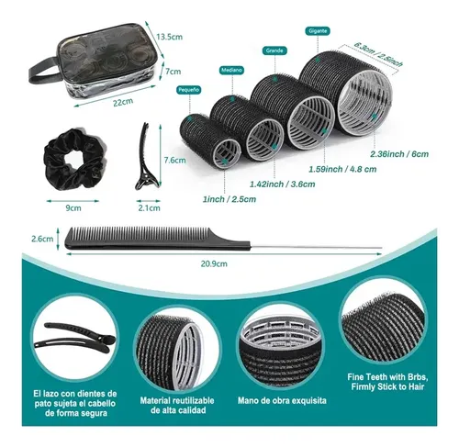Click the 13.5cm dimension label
(169, 37)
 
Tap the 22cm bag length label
(123, 101)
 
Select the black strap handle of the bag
(44, 72)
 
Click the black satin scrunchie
(75, 160)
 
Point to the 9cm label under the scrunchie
(73, 208)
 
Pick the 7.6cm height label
(174, 160)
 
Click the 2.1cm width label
(149, 208)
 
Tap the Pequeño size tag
(189, 90)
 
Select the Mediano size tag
(231, 70)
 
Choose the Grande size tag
(274, 50)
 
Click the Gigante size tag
(318, 31)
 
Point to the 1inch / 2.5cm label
(229, 199)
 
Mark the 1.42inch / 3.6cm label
(283, 184)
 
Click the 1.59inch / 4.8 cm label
(342, 169)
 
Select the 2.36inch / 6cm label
(399, 154)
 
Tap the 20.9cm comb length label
(214, 263)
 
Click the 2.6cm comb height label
(42, 239)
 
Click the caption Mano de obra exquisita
(282, 400)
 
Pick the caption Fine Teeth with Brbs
(387, 377)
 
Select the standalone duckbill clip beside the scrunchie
(146, 156)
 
